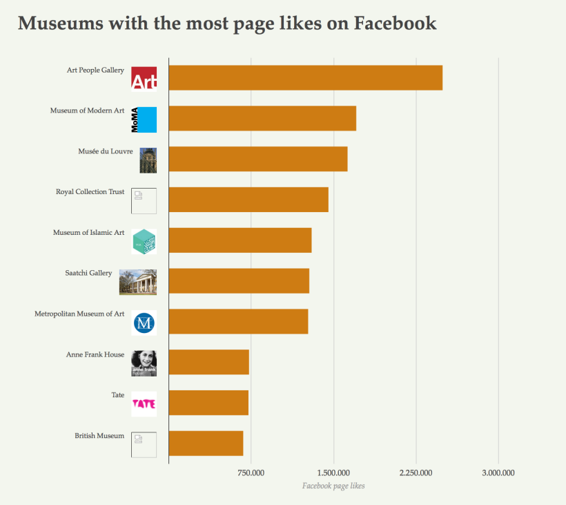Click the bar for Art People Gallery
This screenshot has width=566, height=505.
click(305, 78)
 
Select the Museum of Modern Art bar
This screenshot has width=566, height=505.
click(262, 119)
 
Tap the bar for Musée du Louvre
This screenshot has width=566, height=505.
click(258, 159)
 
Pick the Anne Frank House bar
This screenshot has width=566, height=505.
click(208, 362)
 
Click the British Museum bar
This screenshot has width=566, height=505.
click(206, 443)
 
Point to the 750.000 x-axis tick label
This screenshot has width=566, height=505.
click(251, 473)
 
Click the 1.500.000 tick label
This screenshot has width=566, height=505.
click(333, 473)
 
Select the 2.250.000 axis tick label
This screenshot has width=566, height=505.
click(416, 473)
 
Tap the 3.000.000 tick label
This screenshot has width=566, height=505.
click(498, 473)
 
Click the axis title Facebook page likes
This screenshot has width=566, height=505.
click(333, 486)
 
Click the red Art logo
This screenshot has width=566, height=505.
click(144, 79)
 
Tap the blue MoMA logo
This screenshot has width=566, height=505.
click(144, 120)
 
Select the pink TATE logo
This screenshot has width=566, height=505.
click(144, 404)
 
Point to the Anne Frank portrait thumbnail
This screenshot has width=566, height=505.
click(144, 363)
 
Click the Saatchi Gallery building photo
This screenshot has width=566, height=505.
click(138, 282)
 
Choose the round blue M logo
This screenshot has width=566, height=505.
click(144, 323)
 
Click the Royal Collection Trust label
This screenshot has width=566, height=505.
click(90, 192)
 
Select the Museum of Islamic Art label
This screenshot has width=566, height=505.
click(88, 233)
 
